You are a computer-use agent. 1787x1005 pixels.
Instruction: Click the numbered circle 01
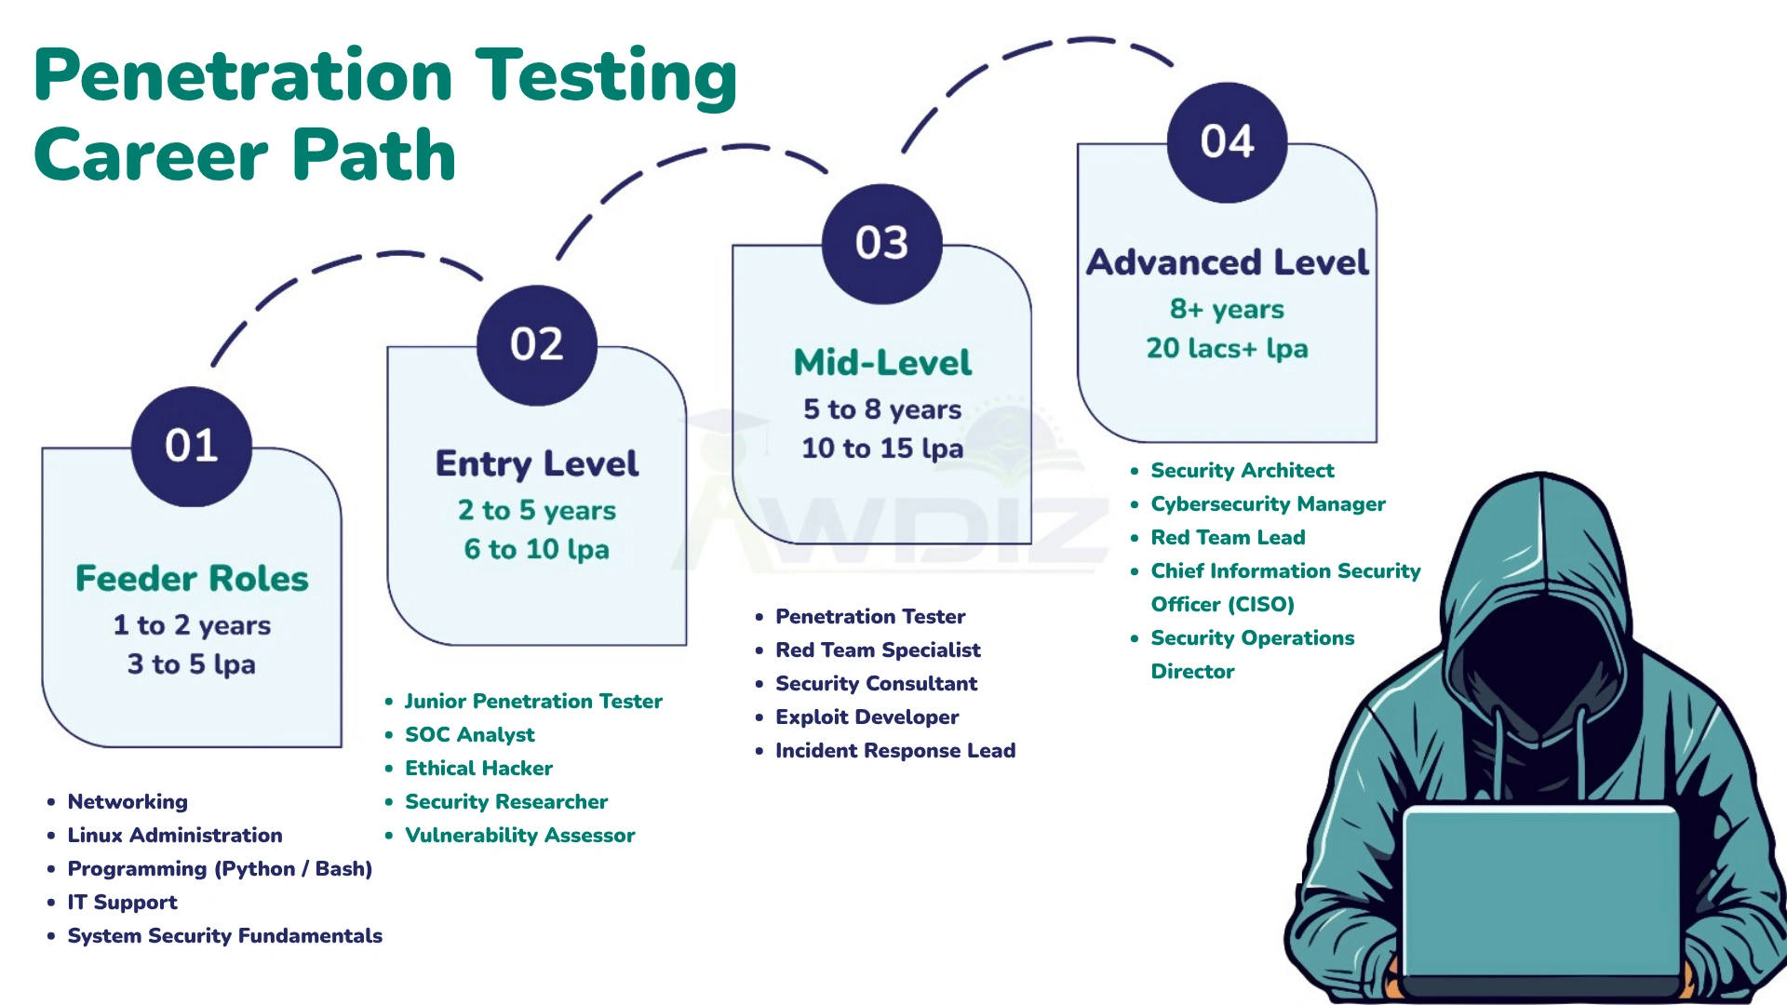[x=192, y=447]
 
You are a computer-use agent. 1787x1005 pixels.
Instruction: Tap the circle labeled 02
[x=537, y=345]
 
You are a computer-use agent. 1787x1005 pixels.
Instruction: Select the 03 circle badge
[x=882, y=244]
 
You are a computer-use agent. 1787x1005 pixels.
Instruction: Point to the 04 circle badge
[x=1228, y=142]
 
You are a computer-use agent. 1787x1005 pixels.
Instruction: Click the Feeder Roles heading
[x=192, y=579]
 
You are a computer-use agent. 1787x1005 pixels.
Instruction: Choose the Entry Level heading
[x=537, y=463]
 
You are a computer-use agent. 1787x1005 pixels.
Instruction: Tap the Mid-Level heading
[x=882, y=363]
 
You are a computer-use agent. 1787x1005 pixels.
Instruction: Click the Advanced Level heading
[x=1228, y=262]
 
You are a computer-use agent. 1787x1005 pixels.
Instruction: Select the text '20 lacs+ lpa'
[x=1227, y=348]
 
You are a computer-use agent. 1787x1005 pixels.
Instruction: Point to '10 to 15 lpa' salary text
[x=882, y=449]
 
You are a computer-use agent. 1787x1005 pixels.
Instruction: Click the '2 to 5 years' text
[x=537, y=510]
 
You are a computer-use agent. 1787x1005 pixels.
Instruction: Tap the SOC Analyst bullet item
[x=470, y=735]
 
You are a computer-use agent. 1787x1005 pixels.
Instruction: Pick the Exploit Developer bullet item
[x=867, y=717]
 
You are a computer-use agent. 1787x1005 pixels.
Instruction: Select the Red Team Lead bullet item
[x=1228, y=538]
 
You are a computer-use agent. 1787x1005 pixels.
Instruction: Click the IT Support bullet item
[x=122, y=903]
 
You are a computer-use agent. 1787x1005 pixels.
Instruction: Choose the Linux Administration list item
[x=175, y=836]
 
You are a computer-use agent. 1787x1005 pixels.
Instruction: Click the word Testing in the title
[x=607, y=76]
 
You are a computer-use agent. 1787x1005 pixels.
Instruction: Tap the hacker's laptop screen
[x=1540, y=893]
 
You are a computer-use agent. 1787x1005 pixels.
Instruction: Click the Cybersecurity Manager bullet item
[x=1268, y=504]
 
